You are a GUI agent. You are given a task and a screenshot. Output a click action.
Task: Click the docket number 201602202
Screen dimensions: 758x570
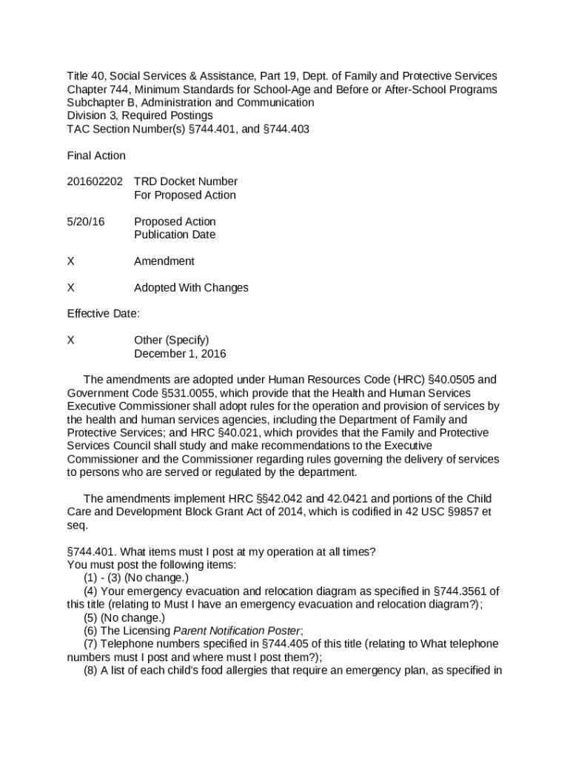[95, 182]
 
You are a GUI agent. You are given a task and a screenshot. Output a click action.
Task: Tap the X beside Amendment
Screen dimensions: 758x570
[70, 261]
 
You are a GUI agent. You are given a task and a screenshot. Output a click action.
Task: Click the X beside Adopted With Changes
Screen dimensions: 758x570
[70, 288]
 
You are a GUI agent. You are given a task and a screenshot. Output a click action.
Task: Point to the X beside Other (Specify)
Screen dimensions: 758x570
[70, 341]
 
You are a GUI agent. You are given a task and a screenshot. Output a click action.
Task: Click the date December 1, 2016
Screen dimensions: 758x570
[180, 354]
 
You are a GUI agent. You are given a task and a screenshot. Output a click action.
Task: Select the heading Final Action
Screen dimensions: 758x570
[96, 155]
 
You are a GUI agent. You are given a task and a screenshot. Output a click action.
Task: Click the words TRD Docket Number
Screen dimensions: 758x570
[186, 182]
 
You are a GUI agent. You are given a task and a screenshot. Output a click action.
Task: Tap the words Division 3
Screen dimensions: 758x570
[92, 116]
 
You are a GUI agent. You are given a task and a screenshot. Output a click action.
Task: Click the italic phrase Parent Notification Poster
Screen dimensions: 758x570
[237, 631]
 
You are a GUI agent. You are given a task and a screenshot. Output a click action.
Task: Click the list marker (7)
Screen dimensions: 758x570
[90, 644]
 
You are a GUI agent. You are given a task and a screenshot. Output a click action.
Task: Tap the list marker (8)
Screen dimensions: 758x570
[90, 671]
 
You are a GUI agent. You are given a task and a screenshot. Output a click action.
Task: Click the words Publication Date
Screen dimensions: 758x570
[175, 235]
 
